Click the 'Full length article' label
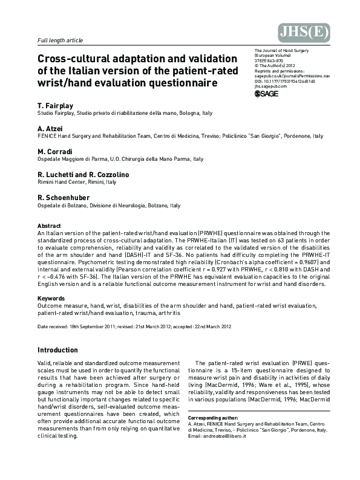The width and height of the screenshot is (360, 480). [x=60, y=41]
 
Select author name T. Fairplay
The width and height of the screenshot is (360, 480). [x=57, y=105]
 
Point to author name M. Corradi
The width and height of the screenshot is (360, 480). [x=55, y=151]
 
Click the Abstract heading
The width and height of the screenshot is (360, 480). [x=49, y=226]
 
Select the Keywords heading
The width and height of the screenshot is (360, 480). [x=51, y=299]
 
